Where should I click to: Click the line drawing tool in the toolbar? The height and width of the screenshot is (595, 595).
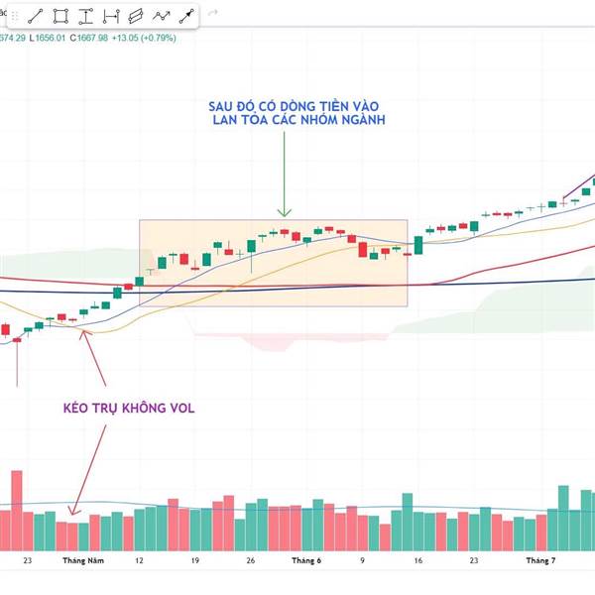pos(35,16)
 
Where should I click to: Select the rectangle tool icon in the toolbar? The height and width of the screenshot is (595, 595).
pos(60,16)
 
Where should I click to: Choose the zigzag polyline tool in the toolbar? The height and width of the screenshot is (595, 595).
pos(161,16)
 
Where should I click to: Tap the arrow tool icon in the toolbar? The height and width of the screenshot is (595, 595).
pos(185,16)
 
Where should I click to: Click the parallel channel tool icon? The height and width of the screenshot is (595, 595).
pos(136,16)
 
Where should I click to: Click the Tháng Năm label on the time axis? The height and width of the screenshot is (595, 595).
pos(83,560)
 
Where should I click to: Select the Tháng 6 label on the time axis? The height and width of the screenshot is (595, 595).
pos(306,560)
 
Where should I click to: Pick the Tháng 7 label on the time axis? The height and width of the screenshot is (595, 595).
pos(540,560)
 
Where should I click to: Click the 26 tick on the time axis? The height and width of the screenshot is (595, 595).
pos(251,560)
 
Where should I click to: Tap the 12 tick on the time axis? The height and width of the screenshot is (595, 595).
pos(139,560)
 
